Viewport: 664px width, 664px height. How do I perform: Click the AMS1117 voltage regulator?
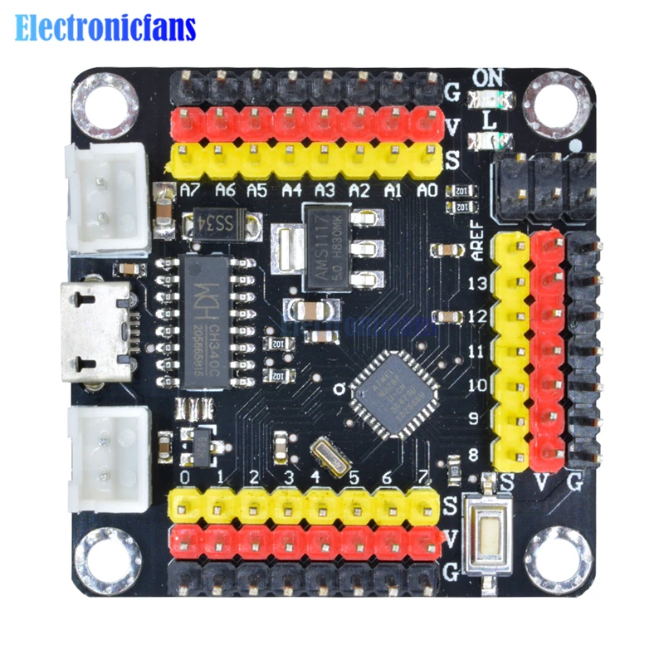tap(326, 247)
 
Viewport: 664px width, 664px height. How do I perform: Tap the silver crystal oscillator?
tap(325, 454)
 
